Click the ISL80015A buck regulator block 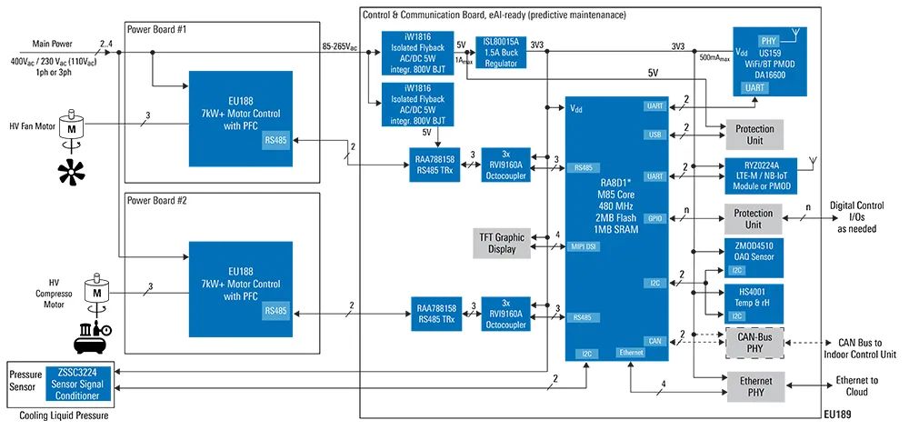pyautogui.click(x=501, y=52)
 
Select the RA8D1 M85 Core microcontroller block pyautogui.click(x=617, y=229)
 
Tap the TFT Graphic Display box pyautogui.click(x=502, y=243)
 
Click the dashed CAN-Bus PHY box pyautogui.click(x=754, y=343)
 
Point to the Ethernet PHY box pyautogui.click(x=756, y=386)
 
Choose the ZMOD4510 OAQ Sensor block pyautogui.click(x=754, y=258)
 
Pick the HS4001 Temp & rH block pyautogui.click(x=754, y=303)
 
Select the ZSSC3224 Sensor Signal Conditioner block pyautogui.click(x=79, y=384)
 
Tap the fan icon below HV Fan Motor pyautogui.click(x=71, y=172)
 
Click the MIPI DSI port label pyautogui.click(x=584, y=246)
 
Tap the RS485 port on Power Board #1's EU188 pyautogui.click(x=276, y=141)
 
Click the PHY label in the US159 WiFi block pyautogui.click(x=769, y=41)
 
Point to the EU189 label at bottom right pyautogui.click(x=836, y=415)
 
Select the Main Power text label pyautogui.click(x=53, y=44)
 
